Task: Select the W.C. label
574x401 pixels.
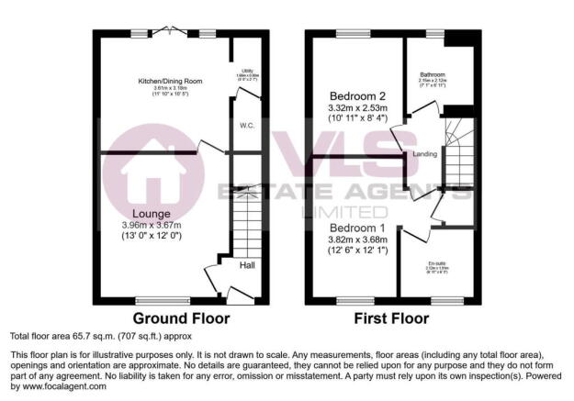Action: click(x=246, y=126)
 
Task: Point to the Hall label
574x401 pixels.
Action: click(x=247, y=265)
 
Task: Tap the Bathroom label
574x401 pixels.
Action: click(x=433, y=74)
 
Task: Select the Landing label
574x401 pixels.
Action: click(x=424, y=154)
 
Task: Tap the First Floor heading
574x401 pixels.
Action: click(x=392, y=319)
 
